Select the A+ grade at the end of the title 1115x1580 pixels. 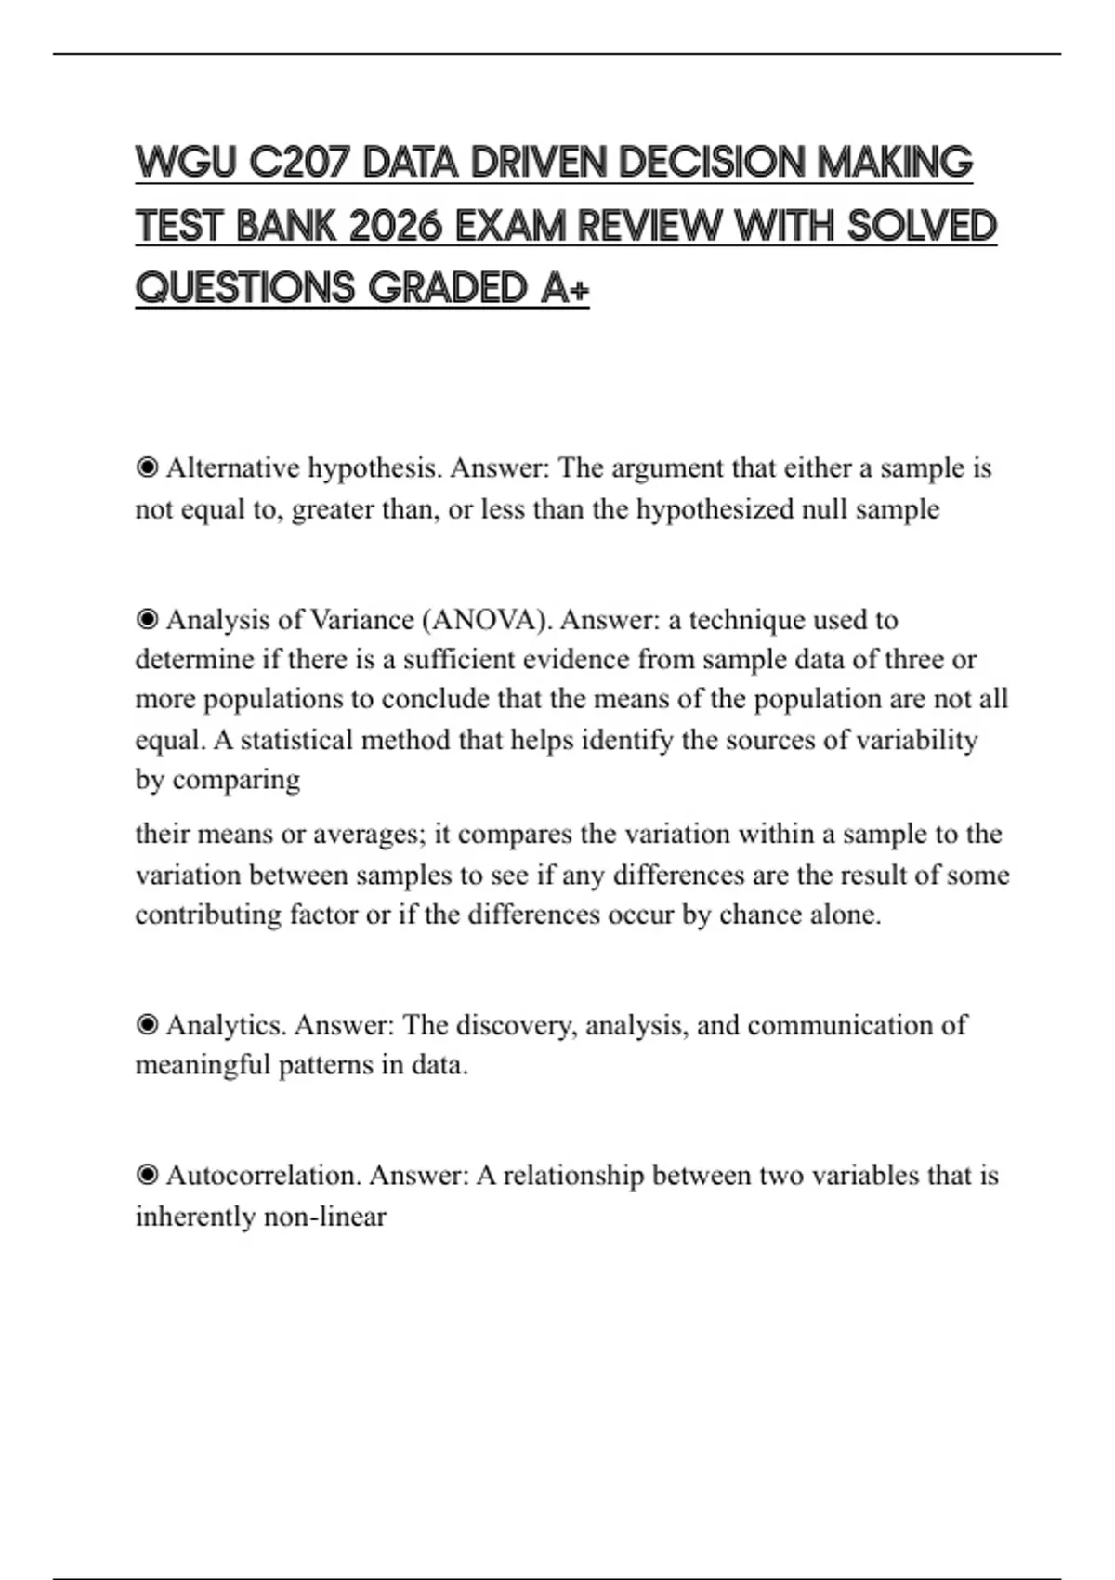565,288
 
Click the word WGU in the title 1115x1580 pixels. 187,163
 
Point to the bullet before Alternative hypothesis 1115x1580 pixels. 147,467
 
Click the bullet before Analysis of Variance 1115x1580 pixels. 147,619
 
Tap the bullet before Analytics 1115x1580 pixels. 147,1025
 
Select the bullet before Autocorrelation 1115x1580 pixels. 147,1176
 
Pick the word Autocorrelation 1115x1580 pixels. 263,1176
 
